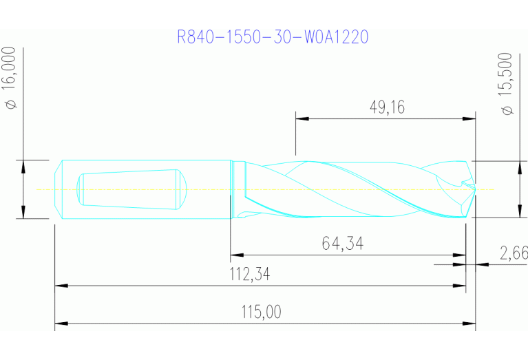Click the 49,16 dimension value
coord(387,107)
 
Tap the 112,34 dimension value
coord(249,275)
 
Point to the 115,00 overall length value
coord(261,313)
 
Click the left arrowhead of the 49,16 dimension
coord(301,118)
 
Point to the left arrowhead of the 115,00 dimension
coord(60,322)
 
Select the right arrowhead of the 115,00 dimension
coord(470,322)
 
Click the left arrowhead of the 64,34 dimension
coord(235,254)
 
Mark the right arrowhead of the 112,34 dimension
coord(461,284)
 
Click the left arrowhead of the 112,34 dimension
coord(60,284)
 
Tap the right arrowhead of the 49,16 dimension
coord(470,118)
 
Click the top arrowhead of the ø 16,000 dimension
coord(23,165)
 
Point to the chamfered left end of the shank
coord(59,189)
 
